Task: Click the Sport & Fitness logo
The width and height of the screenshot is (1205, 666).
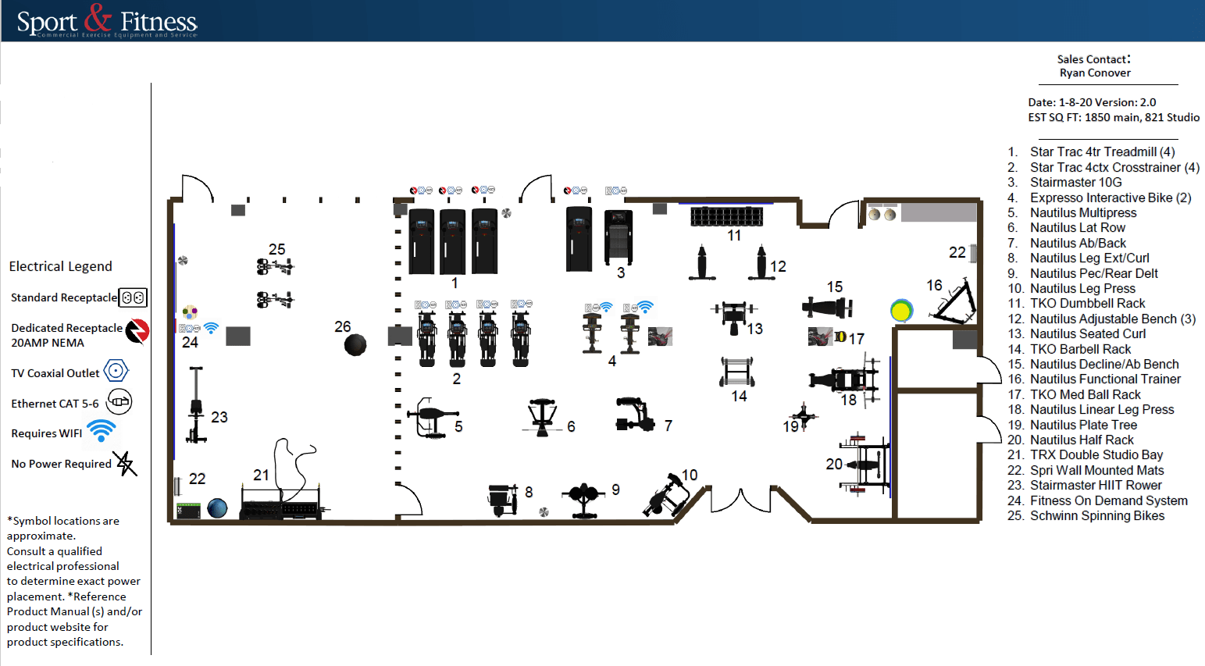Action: coord(107,20)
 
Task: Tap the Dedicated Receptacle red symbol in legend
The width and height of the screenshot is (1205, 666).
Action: coord(137,331)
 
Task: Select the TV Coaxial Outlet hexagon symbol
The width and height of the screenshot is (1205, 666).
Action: coord(116,371)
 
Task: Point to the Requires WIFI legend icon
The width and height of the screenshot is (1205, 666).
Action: coord(101,430)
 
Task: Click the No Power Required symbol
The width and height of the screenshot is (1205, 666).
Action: coord(125,463)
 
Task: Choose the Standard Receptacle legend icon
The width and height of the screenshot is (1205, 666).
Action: coord(133,297)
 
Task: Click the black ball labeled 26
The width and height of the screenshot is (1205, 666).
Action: coord(355,344)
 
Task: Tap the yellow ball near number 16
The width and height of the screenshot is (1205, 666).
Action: coord(901,311)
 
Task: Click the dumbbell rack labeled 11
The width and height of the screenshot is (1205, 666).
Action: coord(726,216)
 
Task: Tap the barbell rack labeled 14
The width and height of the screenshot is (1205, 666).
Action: coord(737,372)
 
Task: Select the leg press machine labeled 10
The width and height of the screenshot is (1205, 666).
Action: coord(667,495)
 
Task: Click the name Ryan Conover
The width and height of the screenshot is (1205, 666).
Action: coord(1095,73)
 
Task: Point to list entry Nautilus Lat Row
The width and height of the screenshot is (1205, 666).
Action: coord(1077,227)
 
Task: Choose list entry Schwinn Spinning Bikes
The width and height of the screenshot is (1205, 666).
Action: coord(1096,515)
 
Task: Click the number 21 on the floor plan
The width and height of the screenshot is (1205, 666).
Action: coord(261,475)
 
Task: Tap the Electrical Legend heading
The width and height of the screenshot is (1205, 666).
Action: coord(61,266)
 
